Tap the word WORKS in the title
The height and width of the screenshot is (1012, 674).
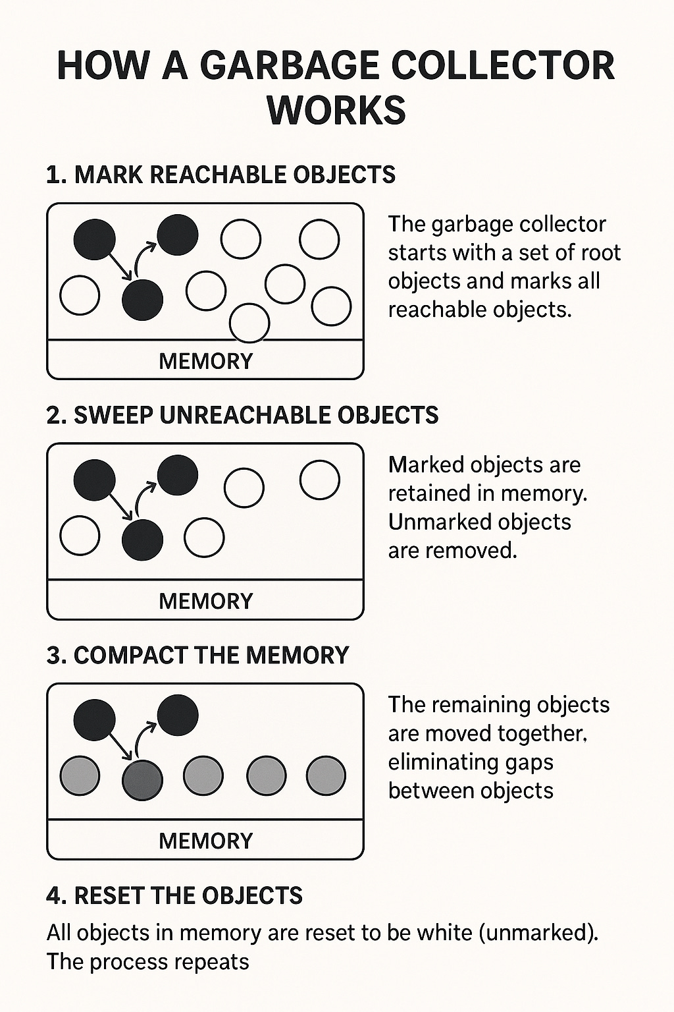(336, 109)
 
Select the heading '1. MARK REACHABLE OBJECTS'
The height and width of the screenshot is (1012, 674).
(221, 175)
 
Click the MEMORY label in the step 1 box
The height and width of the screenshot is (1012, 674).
(205, 361)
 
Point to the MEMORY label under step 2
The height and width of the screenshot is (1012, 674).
(205, 601)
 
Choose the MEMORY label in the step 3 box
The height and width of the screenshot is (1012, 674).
(205, 841)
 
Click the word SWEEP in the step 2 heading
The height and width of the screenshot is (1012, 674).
(113, 415)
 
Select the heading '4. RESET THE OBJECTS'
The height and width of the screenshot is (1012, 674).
(174, 895)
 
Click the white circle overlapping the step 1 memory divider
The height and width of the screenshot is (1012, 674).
(249, 323)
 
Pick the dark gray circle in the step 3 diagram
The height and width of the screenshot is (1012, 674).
(142, 779)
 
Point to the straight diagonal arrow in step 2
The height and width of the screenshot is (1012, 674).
(118, 506)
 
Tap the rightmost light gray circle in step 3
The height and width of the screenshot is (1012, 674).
(326, 775)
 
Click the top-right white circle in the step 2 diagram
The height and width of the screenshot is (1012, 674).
(319, 480)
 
